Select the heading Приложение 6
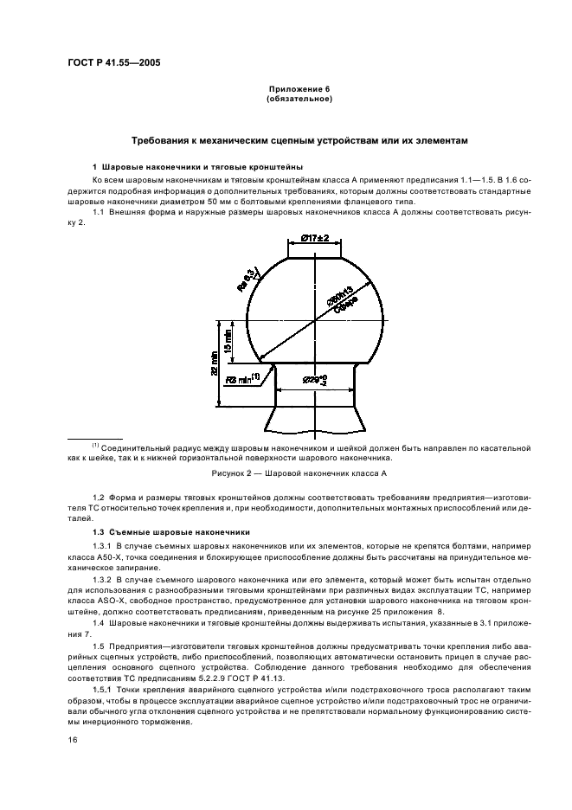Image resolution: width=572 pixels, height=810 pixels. pyautogui.click(x=299, y=89)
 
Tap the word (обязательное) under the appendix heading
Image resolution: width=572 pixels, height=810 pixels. pyautogui.click(x=299, y=99)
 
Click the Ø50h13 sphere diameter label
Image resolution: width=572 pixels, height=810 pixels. pyautogui.click(x=343, y=296)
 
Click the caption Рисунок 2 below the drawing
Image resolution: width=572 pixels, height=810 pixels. pyautogui.click(x=299, y=474)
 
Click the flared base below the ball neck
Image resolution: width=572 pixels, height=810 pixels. pyautogui.click(x=314, y=420)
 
